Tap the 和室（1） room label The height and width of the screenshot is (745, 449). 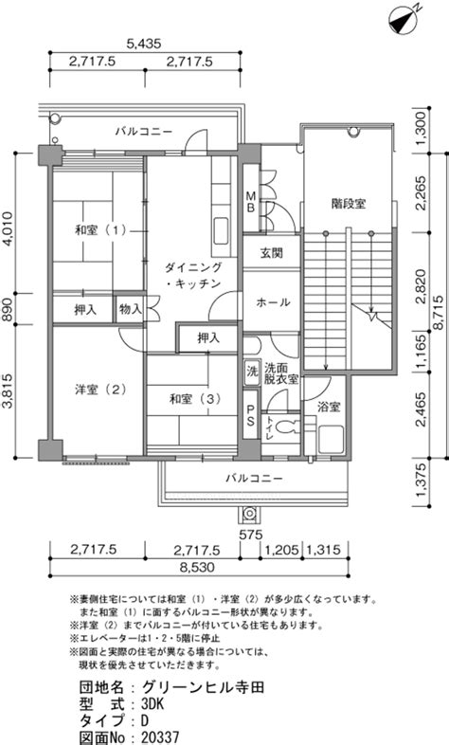(x=100, y=230)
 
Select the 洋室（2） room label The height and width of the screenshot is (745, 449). (x=100, y=390)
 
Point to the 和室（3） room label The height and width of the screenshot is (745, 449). (x=195, y=399)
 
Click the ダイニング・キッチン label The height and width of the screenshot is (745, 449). (x=193, y=276)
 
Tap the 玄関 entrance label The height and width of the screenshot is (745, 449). (x=271, y=252)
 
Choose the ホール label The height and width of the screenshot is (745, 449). (x=273, y=302)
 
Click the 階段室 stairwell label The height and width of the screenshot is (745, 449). (x=349, y=204)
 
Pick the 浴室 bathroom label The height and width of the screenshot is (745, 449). (x=329, y=408)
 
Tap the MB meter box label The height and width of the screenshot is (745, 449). (x=251, y=202)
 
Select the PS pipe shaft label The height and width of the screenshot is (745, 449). (x=250, y=415)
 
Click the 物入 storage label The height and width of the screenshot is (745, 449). (x=131, y=309)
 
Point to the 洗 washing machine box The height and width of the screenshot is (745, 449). (x=251, y=371)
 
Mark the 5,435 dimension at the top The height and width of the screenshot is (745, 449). (x=144, y=44)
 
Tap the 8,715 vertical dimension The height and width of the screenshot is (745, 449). (x=439, y=312)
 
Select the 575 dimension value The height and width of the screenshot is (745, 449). (x=251, y=535)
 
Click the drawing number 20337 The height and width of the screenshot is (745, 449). (x=160, y=737)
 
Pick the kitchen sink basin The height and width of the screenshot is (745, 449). (x=221, y=230)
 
